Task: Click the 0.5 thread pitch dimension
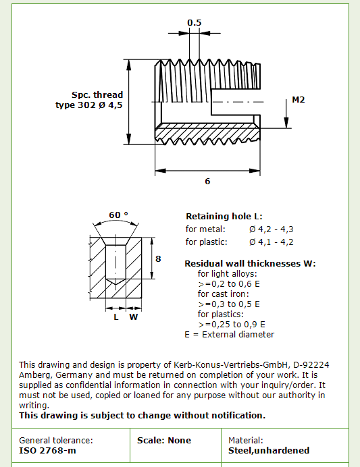(x=195, y=23)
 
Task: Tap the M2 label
(x=299, y=99)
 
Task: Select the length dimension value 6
(x=207, y=181)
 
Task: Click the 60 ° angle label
(x=118, y=215)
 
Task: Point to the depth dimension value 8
(x=158, y=259)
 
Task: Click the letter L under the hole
(x=116, y=317)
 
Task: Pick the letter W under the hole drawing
(x=134, y=317)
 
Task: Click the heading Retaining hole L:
(x=224, y=216)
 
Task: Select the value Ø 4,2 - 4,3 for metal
(x=272, y=229)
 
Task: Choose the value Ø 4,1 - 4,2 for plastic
(x=272, y=242)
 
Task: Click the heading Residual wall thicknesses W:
(x=250, y=264)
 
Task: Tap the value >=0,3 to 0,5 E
(x=229, y=304)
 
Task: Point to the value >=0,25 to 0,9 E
(x=232, y=325)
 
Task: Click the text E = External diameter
(x=229, y=335)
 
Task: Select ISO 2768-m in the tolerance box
(x=47, y=451)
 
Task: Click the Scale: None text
(x=164, y=441)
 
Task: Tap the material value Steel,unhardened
(x=269, y=451)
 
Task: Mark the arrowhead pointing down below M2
(x=286, y=123)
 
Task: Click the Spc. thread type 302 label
(x=89, y=100)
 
